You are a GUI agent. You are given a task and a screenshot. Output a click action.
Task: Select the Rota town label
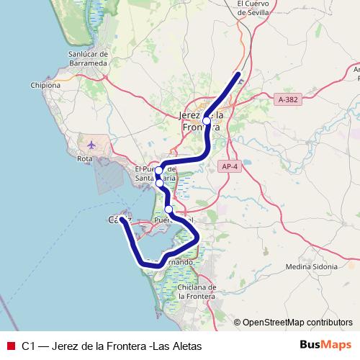pos(86,158)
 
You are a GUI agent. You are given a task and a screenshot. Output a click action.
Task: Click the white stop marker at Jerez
pos(207,121)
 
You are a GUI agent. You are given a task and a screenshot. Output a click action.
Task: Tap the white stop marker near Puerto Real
pos(168,210)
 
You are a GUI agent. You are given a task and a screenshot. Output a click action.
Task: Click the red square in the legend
pos(10,346)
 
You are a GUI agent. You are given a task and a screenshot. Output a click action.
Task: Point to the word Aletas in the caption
pos(184,346)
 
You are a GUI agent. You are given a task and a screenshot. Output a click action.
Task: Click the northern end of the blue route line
pos(238,75)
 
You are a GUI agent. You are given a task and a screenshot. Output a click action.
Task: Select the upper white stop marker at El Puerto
pos(159,171)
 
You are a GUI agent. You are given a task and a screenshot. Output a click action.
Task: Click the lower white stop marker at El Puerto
pos(160,183)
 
